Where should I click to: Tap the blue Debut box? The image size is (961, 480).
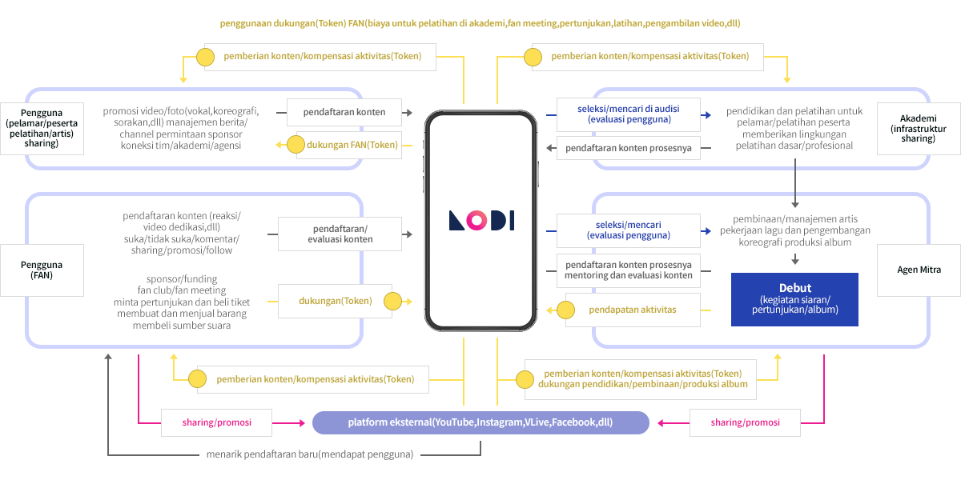click(794, 299)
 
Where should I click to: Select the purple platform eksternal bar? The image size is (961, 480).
click(480, 422)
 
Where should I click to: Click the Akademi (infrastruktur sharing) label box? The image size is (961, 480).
click(917, 123)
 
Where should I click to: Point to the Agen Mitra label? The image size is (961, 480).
click(919, 270)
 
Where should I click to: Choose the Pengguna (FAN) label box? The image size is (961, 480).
click(41, 270)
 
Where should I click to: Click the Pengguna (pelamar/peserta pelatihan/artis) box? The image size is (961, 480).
click(41, 126)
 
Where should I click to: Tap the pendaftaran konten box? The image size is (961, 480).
click(344, 112)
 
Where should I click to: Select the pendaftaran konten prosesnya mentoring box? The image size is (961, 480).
click(629, 270)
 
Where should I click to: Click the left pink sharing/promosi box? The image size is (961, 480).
click(216, 422)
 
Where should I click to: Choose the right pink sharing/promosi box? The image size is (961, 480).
click(745, 422)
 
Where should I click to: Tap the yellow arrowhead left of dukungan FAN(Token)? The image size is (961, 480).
click(279, 145)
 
